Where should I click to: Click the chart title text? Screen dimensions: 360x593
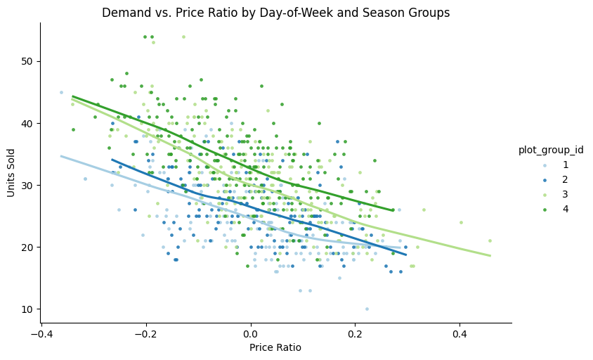275,13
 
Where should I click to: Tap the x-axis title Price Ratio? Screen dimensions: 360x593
275,347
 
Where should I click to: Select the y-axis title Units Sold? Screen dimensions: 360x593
12,173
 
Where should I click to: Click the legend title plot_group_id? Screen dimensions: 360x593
551,150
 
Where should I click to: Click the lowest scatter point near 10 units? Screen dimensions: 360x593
367,309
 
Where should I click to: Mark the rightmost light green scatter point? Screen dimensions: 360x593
490,240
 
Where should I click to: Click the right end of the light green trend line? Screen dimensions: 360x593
490,256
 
